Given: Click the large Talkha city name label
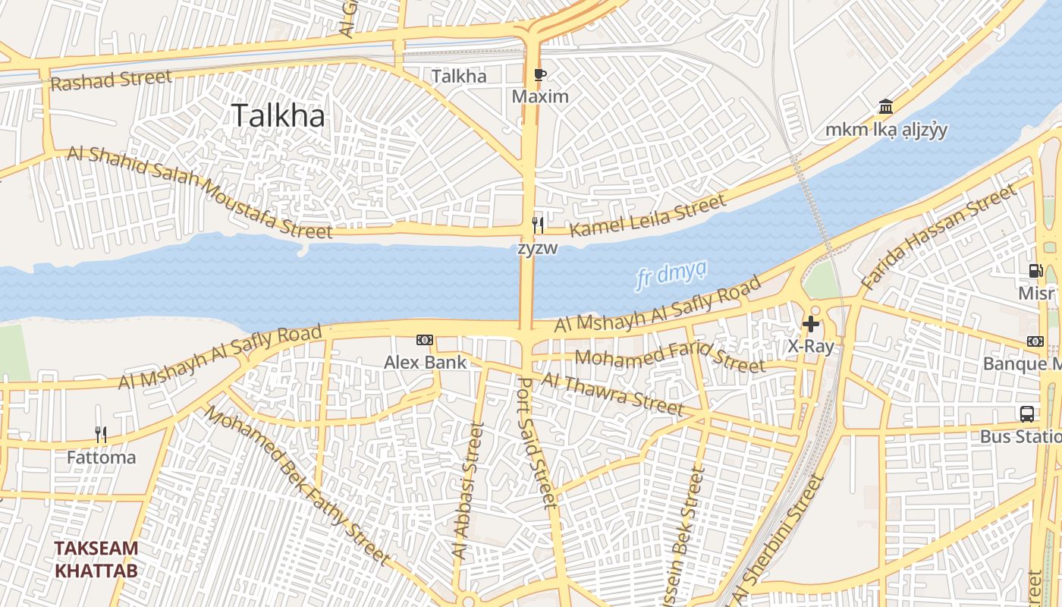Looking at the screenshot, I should coord(278,115).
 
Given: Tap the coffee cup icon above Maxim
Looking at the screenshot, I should coord(539,74).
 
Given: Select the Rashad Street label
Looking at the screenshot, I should coord(111,80).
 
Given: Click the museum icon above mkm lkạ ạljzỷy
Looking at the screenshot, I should coord(885,106).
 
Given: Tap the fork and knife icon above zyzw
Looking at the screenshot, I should coord(538,225).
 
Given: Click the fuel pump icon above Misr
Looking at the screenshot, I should coord(1035,271).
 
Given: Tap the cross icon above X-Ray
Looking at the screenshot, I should coord(811,325).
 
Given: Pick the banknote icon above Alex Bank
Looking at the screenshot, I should coord(425,340).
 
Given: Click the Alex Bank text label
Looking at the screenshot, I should coord(425,362).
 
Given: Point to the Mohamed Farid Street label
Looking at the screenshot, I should coord(671,360).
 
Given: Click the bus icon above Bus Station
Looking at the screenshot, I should coord(1027,414).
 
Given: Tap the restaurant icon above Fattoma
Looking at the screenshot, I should coord(101,435).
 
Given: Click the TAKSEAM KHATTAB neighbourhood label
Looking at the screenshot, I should coord(96,559).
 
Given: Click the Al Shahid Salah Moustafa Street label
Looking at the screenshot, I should coord(200,190).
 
